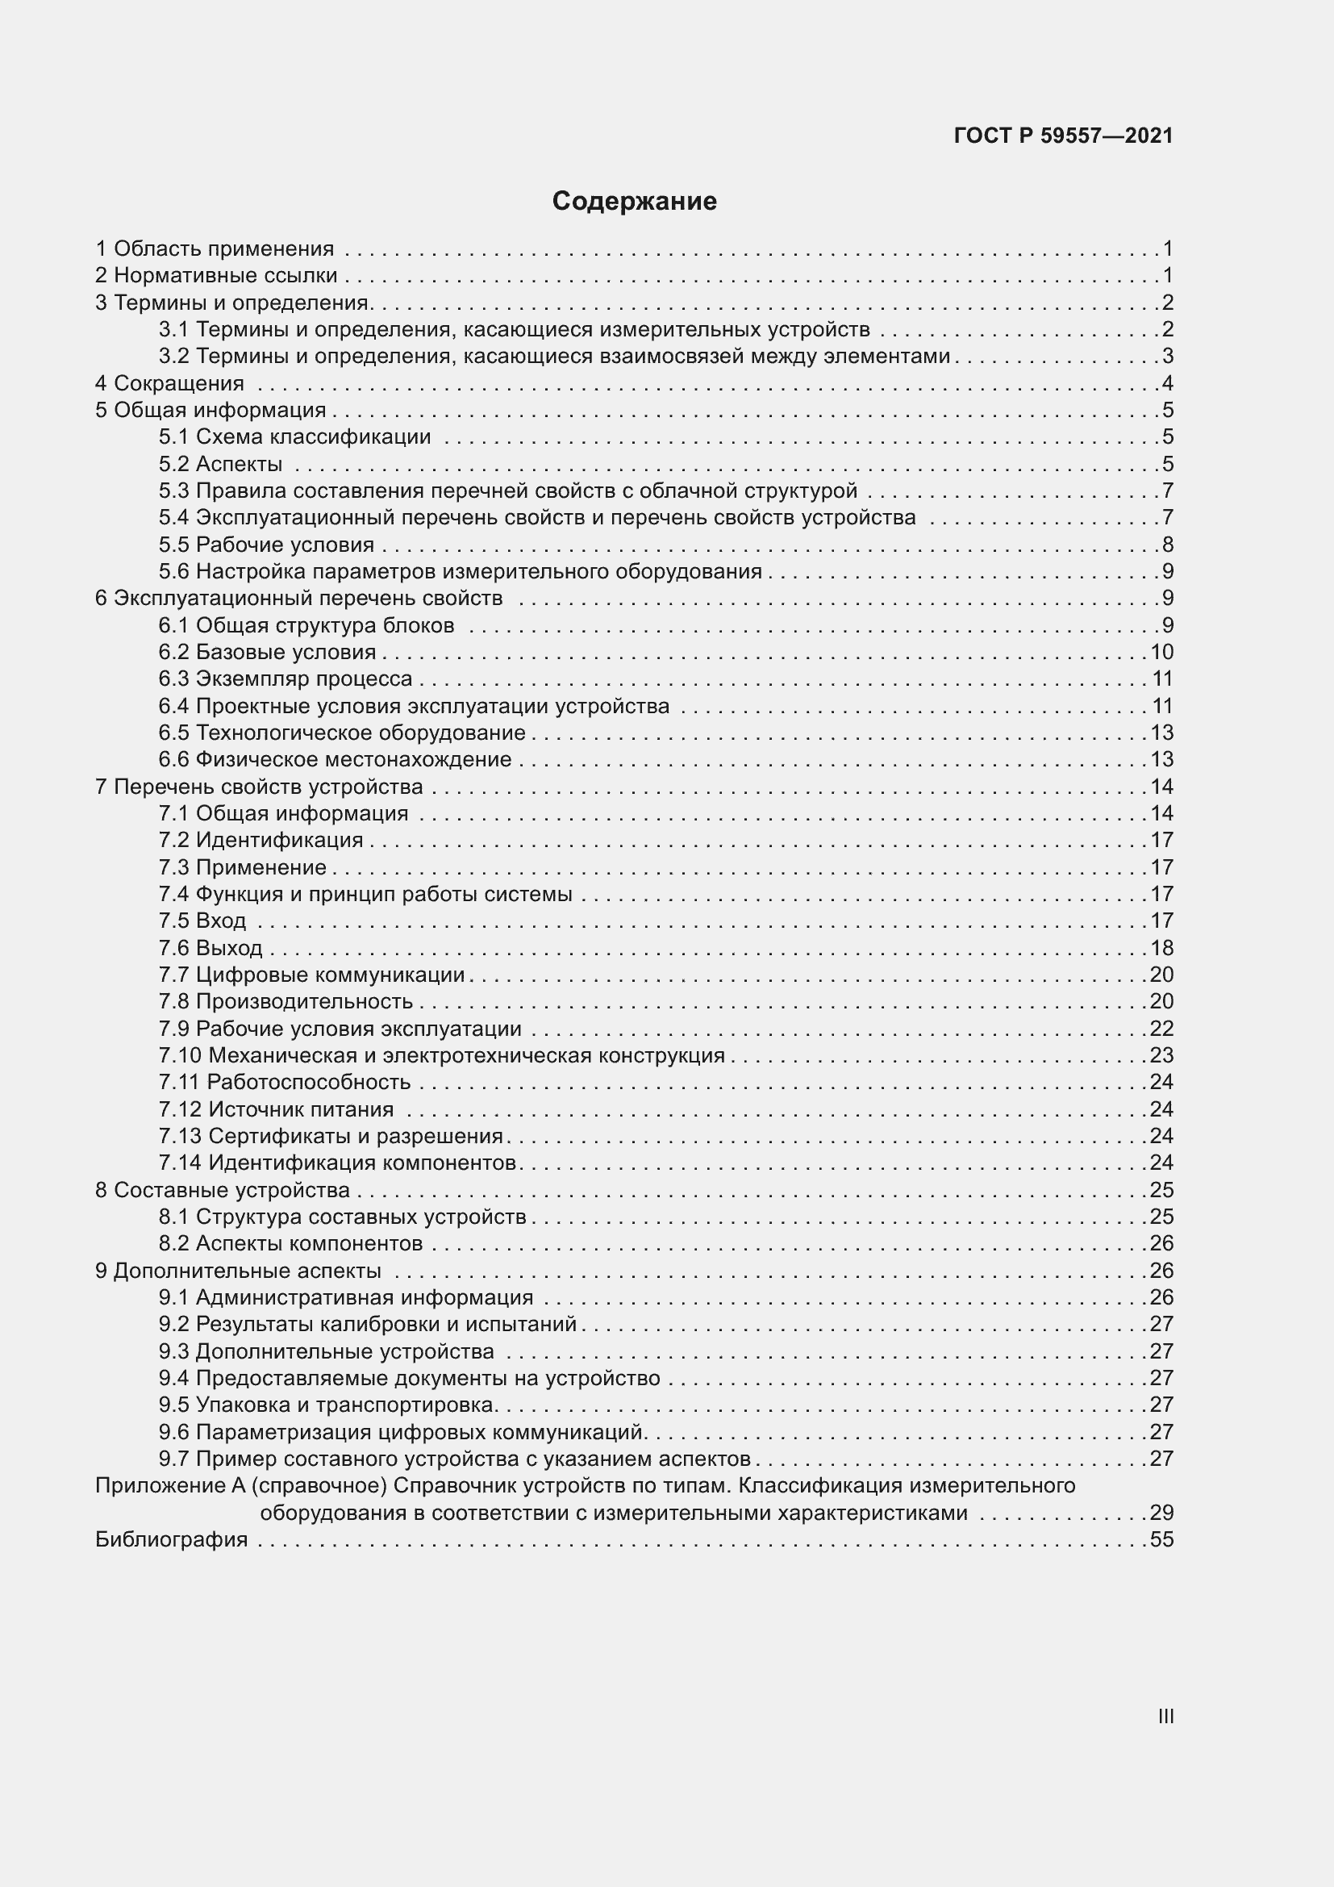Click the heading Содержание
click(634, 202)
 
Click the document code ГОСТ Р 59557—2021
click(1063, 136)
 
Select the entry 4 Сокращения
click(169, 383)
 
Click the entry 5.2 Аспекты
click(220, 465)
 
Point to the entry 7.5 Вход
click(202, 921)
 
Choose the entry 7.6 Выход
click(211, 948)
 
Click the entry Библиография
click(171, 1539)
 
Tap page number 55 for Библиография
click(1161, 1539)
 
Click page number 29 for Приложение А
click(1161, 1512)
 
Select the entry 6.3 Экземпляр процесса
click(285, 678)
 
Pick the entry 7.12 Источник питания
click(276, 1109)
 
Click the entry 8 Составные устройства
click(222, 1190)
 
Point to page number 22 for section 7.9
click(1161, 1028)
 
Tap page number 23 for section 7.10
click(1161, 1055)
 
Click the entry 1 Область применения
click(215, 248)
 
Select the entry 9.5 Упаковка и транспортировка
click(327, 1405)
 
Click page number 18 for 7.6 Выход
click(1161, 948)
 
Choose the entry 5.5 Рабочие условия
click(266, 545)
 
